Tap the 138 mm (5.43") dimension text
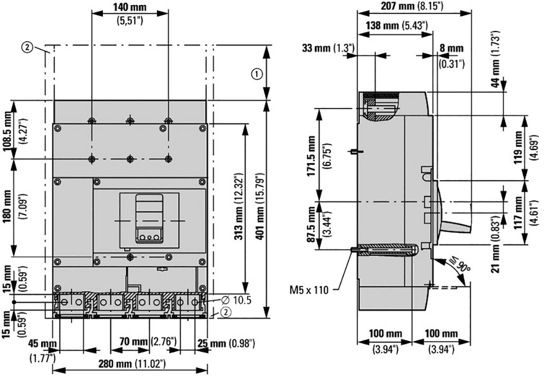(397, 25)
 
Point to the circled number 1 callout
(256, 74)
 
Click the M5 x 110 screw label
(309, 290)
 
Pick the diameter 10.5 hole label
(236, 300)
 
